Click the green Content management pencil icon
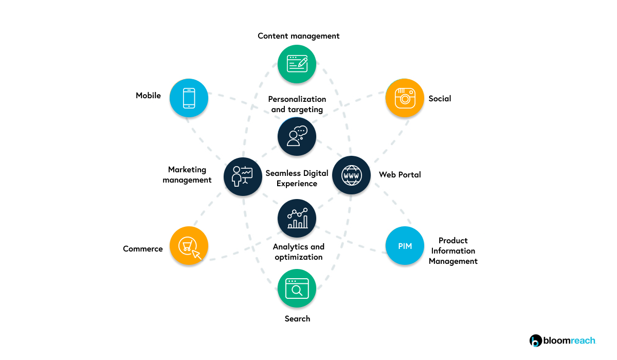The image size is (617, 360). [x=297, y=64]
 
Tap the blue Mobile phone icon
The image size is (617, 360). [x=189, y=98]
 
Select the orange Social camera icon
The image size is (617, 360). [x=405, y=98]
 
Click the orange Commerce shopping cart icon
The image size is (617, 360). [x=189, y=246]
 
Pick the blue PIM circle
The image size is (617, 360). [x=405, y=246]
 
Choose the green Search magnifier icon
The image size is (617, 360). [x=297, y=289]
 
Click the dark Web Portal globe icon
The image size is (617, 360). [x=351, y=175]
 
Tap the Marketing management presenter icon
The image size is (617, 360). [x=243, y=176]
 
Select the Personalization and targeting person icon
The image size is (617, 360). [x=297, y=136]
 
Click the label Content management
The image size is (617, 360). [x=298, y=36]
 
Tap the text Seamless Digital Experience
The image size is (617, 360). [x=297, y=178]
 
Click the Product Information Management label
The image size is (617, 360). [x=453, y=251]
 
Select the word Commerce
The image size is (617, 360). [x=142, y=249]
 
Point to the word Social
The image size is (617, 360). [x=440, y=99]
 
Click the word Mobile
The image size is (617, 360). [x=148, y=96]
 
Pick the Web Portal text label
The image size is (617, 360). [x=400, y=175]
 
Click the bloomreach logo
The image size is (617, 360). [x=562, y=340]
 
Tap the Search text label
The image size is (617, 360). [x=297, y=319]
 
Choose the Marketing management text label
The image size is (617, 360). [x=187, y=175]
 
